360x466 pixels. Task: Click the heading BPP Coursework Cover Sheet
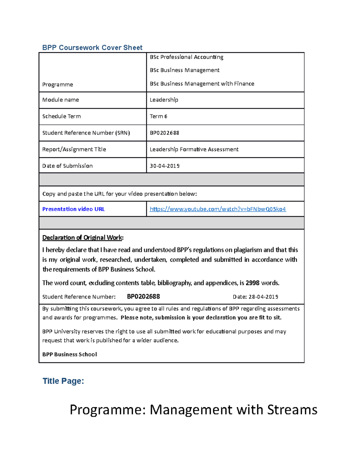(92, 47)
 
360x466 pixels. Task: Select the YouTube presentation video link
(217, 209)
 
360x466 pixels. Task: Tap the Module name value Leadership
(164, 100)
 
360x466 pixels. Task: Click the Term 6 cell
(158, 116)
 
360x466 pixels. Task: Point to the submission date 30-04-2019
(164, 166)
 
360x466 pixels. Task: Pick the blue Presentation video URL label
(73, 209)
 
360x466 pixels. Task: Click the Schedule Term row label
(61, 116)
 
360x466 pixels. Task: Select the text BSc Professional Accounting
(186, 57)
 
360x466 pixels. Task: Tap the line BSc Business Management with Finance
(202, 84)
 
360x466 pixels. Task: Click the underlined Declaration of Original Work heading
(82, 238)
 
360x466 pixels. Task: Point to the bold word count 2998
(252, 283)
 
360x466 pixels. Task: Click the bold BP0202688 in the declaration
(143, 297)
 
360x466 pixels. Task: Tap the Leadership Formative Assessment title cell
(194, 149)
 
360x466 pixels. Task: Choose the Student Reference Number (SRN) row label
(86, 133)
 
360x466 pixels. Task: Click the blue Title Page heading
(63, 381)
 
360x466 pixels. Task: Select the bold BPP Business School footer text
(70, 354)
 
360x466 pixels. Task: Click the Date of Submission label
(67, 166)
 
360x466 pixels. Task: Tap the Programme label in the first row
(58, 85)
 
